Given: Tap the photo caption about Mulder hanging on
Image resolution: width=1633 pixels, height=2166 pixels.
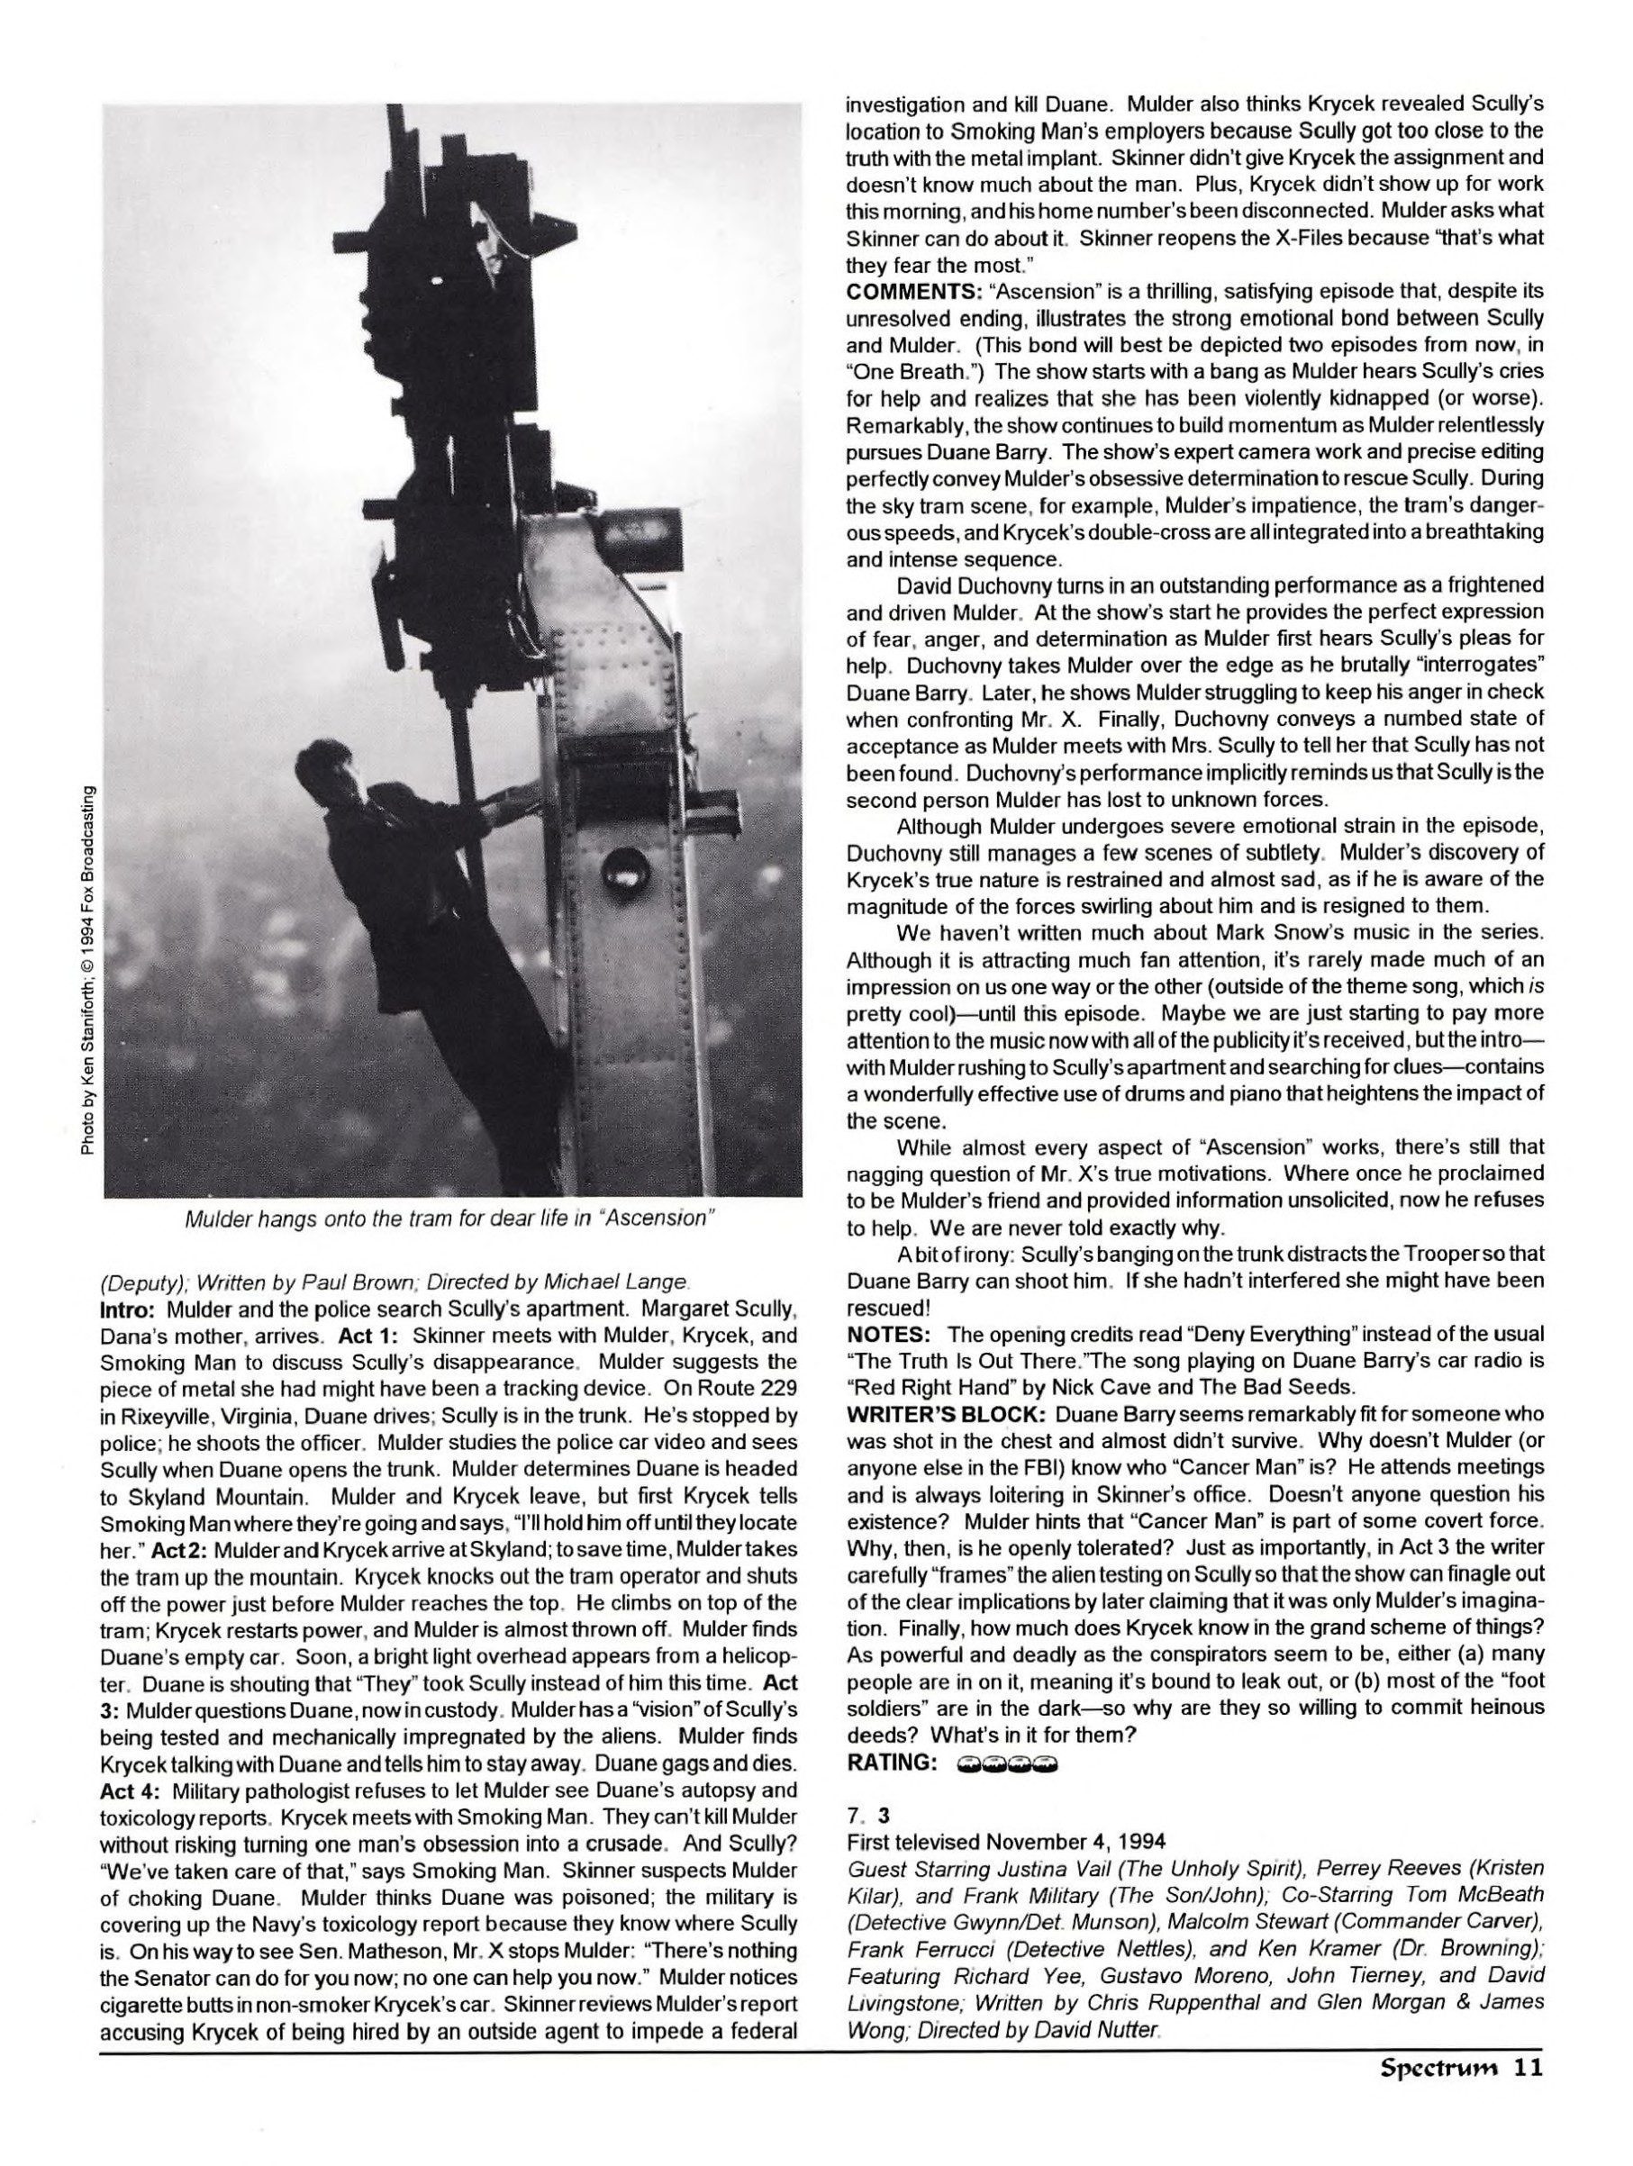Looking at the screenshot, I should click(x=451, y=1219).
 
